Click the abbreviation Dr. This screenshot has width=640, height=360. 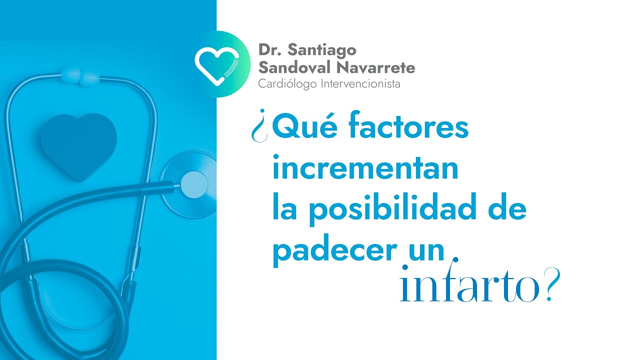point(268,50)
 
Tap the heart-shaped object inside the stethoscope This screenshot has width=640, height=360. point(78,145)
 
